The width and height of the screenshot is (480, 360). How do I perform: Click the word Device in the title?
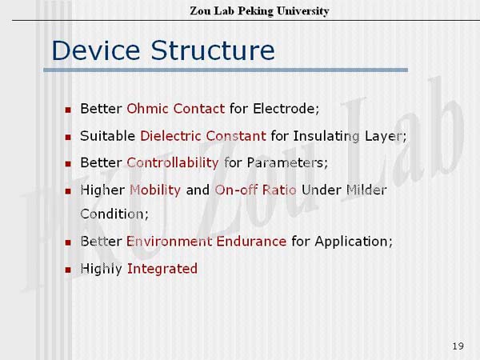pos(96,50)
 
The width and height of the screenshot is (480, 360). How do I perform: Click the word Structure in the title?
pos(213,50)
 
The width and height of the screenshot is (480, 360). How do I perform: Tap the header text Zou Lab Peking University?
pos(259,11)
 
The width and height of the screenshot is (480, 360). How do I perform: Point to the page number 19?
pos(458,346)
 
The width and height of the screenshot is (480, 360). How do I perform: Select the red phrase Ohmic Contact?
pos(176,109)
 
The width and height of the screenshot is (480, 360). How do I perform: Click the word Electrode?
pos(285,109)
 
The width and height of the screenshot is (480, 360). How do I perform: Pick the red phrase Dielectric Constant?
pos(203,136)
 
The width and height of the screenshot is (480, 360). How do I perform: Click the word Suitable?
pos(107,136)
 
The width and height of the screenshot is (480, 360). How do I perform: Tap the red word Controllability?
pos(173,163)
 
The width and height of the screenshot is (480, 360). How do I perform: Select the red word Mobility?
pos(155,190)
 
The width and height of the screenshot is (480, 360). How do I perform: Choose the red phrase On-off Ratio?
pos(256,190)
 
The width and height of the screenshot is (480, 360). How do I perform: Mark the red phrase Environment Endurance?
pos(206,242)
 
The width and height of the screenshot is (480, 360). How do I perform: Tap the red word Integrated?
pos(162,269)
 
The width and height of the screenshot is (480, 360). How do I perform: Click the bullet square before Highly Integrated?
pos(68,270)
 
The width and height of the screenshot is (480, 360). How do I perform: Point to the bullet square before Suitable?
pos(68,137)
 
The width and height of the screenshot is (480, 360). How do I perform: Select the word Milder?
pos(366,190)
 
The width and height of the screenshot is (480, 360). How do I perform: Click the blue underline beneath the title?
pos(226,70)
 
